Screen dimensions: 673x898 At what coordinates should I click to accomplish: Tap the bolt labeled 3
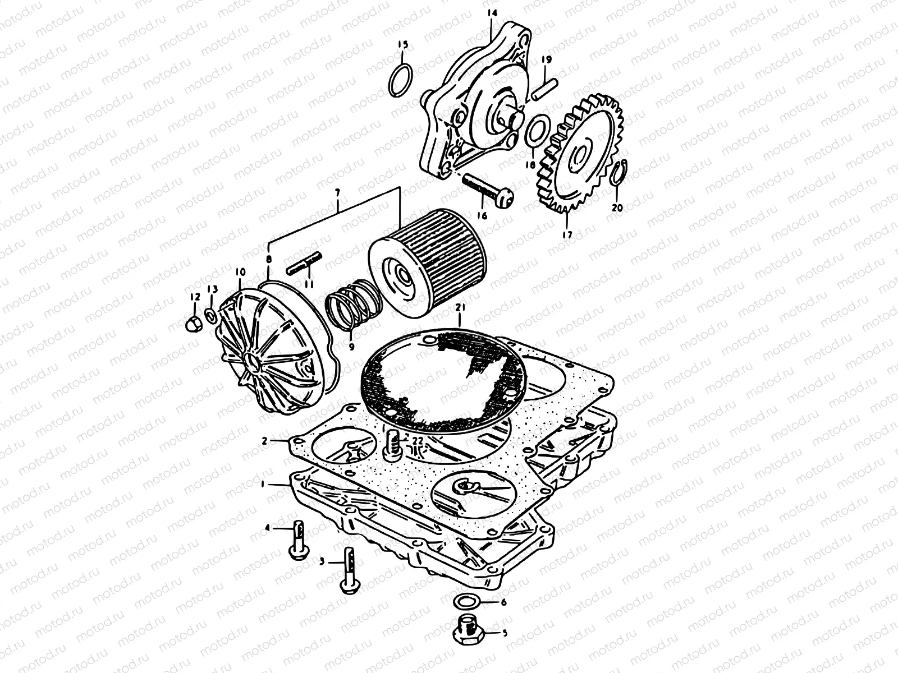[x=348, y=570]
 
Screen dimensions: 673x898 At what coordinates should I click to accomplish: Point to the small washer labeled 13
[x=210, y=315]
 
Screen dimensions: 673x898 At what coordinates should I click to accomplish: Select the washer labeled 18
[x=534, y=131]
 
